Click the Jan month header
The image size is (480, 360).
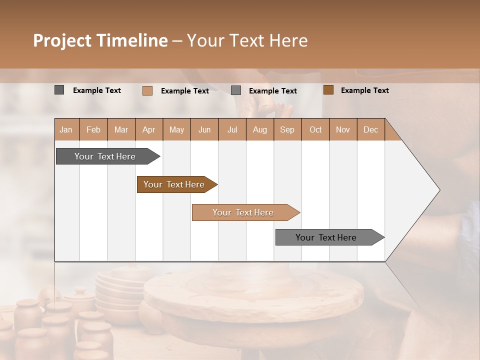[66, 130]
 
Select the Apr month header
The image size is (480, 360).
[149, 130]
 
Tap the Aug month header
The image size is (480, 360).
[260, 130]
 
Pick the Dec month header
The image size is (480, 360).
[370, 130]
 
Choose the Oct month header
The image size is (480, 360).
[315, 130]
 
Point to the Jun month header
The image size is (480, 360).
[204, 130]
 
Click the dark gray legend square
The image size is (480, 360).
[59, 90]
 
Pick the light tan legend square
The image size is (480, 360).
[147, 90]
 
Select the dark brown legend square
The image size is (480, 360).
[328, 90]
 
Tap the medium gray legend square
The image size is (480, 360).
[236, 90]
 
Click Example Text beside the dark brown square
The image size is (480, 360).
[364, 90]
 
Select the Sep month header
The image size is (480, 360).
[287, 130]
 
